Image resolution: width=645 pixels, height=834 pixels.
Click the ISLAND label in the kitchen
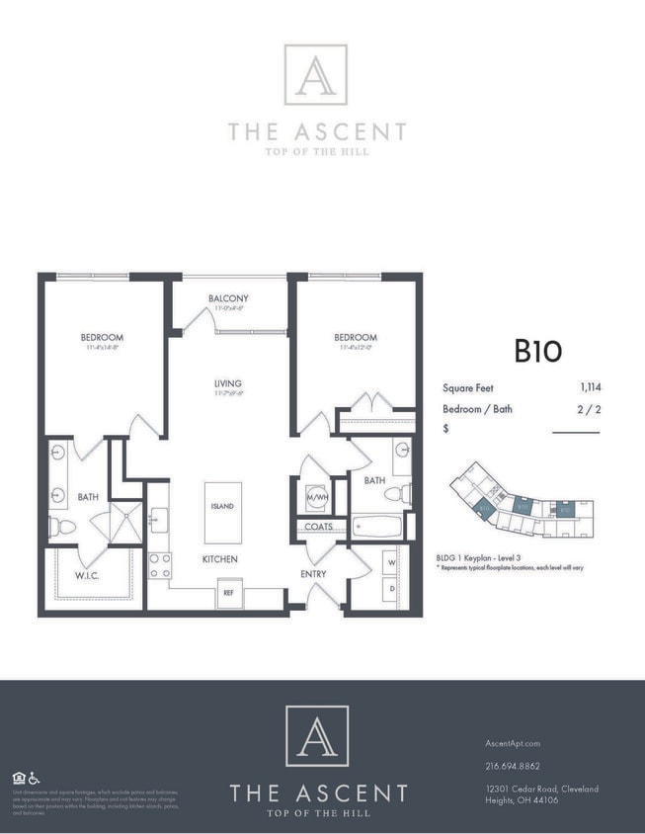(222, 507)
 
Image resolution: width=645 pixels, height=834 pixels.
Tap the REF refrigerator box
(230, 594)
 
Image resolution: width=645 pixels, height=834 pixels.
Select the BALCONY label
(228, 298)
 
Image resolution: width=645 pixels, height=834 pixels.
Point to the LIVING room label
(228, 383)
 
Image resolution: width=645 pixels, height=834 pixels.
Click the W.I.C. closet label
(90, 576)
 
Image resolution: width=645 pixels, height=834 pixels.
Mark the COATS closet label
(318, 527)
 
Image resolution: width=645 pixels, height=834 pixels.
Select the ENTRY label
(314, 573)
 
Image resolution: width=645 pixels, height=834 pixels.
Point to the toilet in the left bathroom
(62, 527)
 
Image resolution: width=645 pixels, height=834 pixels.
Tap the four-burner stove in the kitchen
(158, 565)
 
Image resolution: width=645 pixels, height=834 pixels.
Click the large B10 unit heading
(537, 351)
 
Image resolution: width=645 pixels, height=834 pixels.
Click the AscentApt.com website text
(513, 743)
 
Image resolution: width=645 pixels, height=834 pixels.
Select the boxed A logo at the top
(316, 74)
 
